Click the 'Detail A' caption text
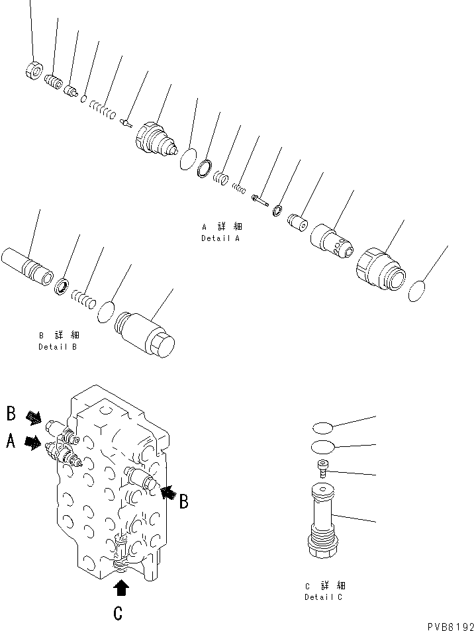[220, 238]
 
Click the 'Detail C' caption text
[324, 597]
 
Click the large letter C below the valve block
[118, 614]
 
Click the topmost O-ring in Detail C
[322, 427]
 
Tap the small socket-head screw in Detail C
[322, 469]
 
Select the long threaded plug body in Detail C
[322, 523]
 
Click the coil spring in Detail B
[83, 295]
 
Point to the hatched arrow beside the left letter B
[33, 418]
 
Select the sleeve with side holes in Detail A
[333, 239]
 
